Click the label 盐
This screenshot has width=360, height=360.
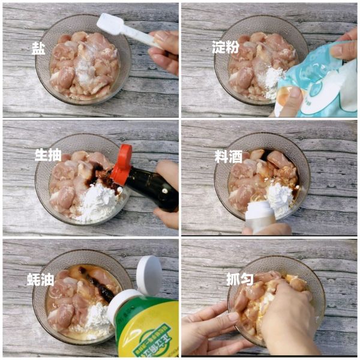point(38,48)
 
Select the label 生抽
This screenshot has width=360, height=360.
point(47,155)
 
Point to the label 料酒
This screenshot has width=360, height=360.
point(228,156)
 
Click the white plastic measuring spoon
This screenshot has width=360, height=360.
point(123,28)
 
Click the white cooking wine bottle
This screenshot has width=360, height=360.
point(260,216)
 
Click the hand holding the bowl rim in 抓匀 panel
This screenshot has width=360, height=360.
point(207,330)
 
